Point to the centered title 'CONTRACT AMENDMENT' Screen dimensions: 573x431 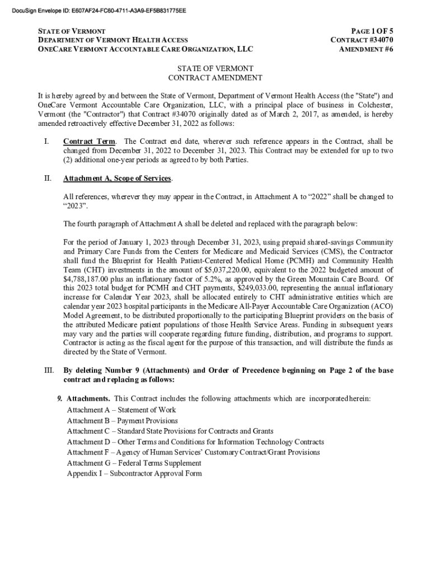coord(215,78)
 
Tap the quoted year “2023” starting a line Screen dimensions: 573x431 coord(76,206)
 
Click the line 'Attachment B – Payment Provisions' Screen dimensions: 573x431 coord(122,420)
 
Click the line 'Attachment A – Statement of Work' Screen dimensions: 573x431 coord(121,410)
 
